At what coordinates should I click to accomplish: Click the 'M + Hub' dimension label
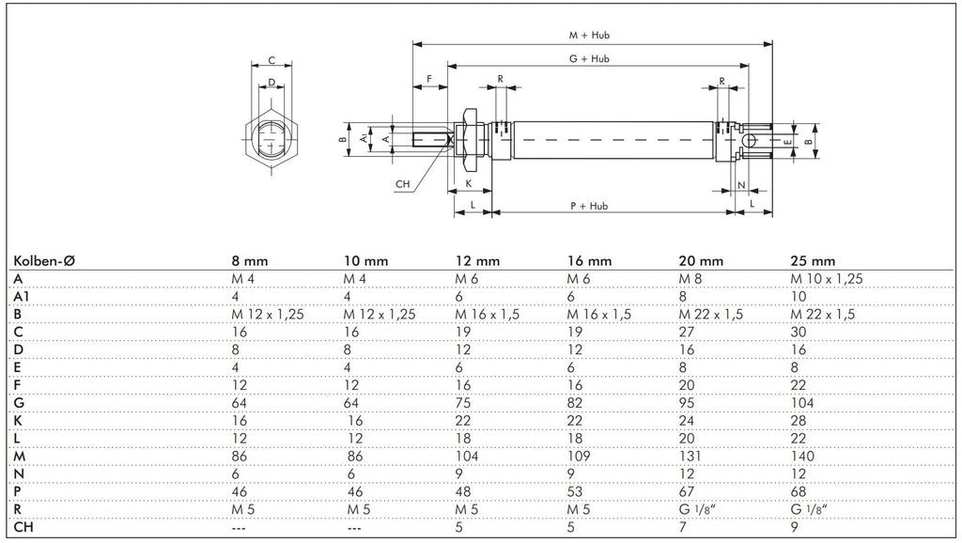[x=591, y=35]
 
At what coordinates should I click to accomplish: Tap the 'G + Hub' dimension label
[x=590, y=58]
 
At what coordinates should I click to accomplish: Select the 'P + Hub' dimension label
[x=590, y=205]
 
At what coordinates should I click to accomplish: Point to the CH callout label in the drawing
[x=403, y=184]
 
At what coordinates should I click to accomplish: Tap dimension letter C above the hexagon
[x=272, y=60]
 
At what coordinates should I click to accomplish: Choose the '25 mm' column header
[x=813, y=260]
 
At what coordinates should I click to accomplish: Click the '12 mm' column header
[x=477, y=260]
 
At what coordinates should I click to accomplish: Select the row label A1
[x=22, y=295]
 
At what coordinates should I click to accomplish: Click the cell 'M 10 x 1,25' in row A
[x=827, y=278]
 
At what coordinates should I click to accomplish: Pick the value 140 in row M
[x=804, y=456]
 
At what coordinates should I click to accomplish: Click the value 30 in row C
[x=799, y=331]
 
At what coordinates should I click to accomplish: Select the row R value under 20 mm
[x=696, y=509]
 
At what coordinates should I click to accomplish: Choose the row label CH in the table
[x=24, y=527]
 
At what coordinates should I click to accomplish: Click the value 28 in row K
[x=799, y=420]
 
